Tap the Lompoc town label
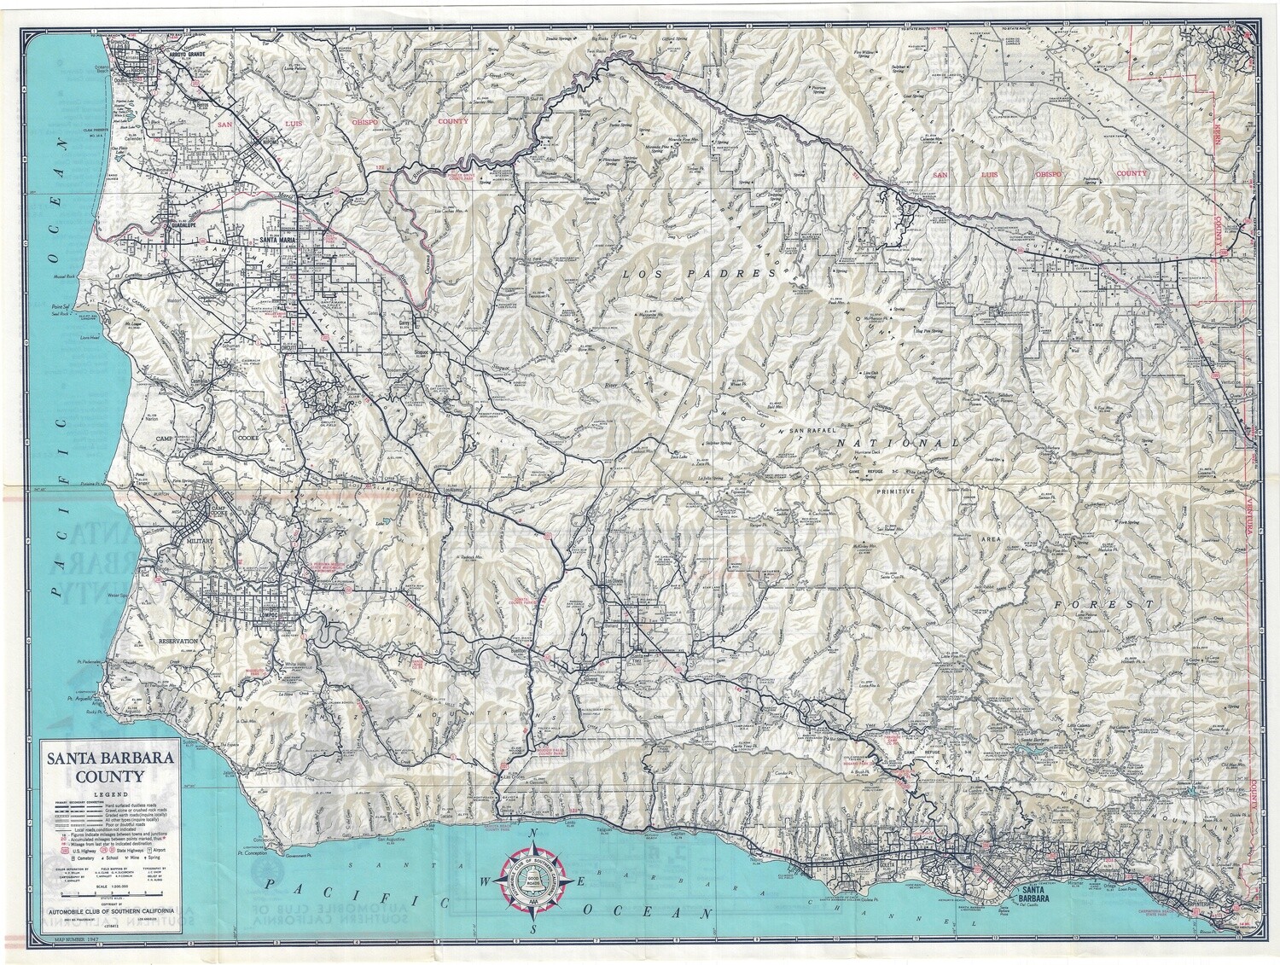pos(261,619)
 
